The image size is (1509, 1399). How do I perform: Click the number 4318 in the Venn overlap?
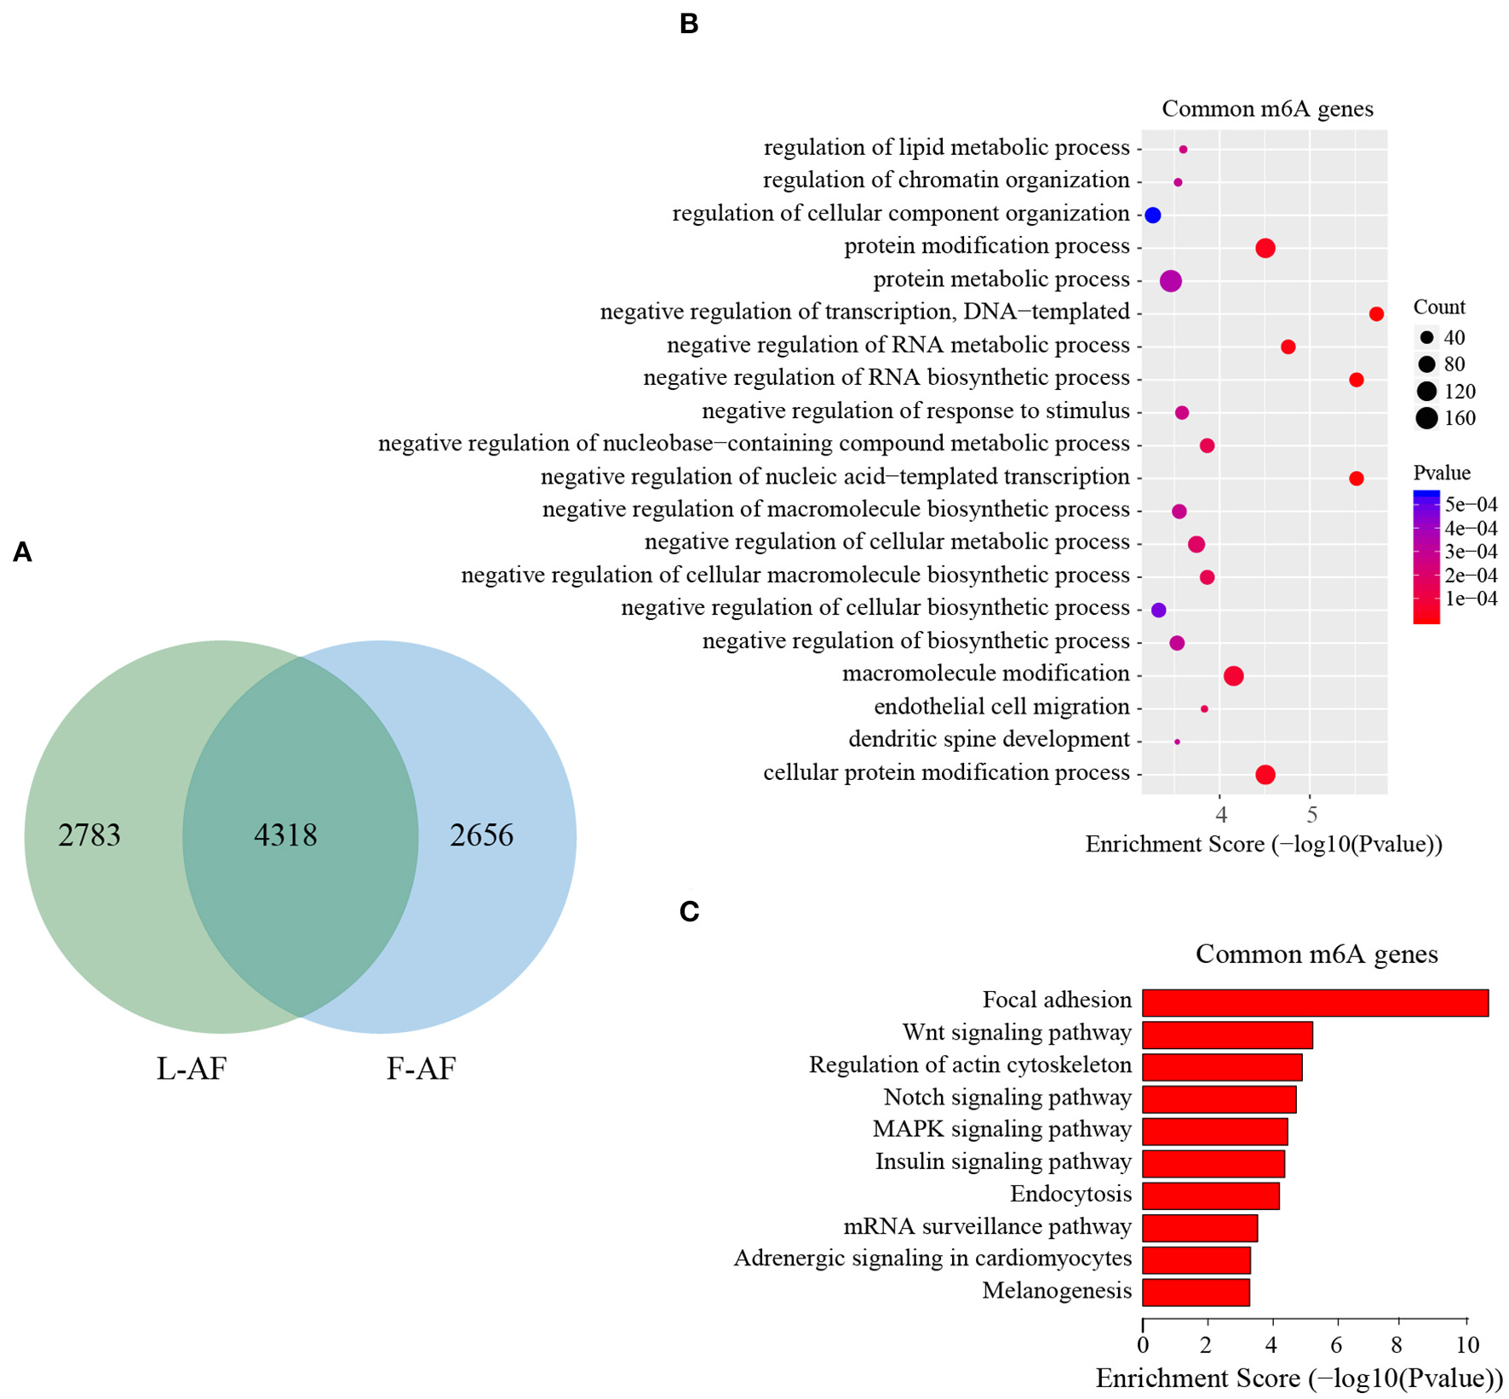[x=285, y=835]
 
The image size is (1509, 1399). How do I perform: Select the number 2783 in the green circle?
[x=89, y=835]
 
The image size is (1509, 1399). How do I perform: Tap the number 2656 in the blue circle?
[x=481, y=835]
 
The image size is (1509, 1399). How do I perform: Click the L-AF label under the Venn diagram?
[x=192, y=1068]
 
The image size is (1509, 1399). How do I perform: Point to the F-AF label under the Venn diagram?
[x=421, y=1068]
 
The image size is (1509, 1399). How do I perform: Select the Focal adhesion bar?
[x=1315, y=1002]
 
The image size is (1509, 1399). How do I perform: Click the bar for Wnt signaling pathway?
[x=1226, y=1035]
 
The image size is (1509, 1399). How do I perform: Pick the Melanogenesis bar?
[x=1196, y=1292]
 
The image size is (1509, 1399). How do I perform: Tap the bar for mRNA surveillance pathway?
[x=1199, y=1228]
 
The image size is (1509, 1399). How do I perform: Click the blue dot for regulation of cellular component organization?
[x=1153, y=215]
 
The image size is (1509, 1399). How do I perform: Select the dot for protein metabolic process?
[x=1171, y=281]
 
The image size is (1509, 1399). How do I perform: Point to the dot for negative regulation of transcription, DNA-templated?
[x=1376, y=314]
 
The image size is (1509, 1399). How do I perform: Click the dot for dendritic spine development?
[x=1177, y=742]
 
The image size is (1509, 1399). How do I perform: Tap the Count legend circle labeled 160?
[x=1427, y=418]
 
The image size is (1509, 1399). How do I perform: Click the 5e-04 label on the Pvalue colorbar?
[x=1471, y=505]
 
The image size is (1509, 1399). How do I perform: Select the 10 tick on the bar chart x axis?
[x=1467, y=1345]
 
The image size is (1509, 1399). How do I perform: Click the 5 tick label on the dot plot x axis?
[x=1311, y=814]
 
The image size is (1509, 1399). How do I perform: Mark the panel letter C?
[x=689, y=912]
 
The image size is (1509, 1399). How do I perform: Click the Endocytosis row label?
[x=1070, y=1194]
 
